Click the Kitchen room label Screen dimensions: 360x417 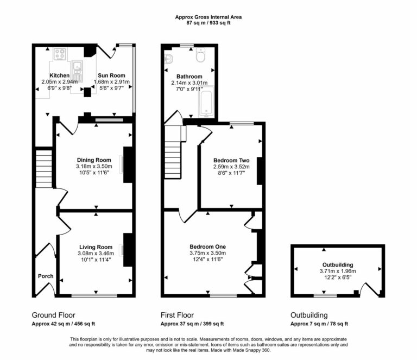click(x=60, y=75)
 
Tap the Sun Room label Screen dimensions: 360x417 click(x=111, y=75)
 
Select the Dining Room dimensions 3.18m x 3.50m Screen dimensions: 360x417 click(x=94, y=166)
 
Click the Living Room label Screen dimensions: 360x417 click(x=96, y=247)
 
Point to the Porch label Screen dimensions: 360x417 click(x=46, y=276)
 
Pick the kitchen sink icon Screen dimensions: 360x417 click(x=77, y=67)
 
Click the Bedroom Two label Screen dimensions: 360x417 click(x=231, y=161)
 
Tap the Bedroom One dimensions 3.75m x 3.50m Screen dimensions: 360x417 click(x=207, y=252)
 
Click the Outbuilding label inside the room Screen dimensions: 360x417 click(x=337, y=265)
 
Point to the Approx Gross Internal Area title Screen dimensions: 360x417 click(x=208, y=17)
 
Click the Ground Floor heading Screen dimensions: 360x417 click(x=53, y=315)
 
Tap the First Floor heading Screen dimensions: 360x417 click(x=177, y=315)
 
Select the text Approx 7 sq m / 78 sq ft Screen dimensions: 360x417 click(x=319, y=324)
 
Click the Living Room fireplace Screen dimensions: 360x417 click(x=127, y=250)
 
